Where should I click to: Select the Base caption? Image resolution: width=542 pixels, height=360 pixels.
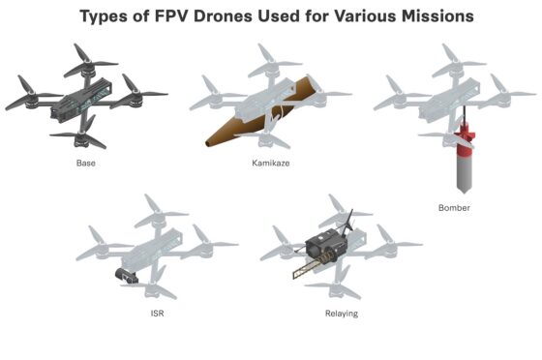(86, 163)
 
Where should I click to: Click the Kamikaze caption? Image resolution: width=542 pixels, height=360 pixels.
(271, 163)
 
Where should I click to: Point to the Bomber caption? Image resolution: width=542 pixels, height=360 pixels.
(454, 208)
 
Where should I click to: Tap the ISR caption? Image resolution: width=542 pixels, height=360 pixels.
(157, 314)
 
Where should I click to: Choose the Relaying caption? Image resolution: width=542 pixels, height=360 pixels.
(342, 314)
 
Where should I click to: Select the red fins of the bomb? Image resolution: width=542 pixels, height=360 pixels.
(465, 140)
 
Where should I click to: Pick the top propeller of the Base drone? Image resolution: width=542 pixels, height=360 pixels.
(90, 62)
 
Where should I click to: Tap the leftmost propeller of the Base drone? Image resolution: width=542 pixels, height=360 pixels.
(31, 94)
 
